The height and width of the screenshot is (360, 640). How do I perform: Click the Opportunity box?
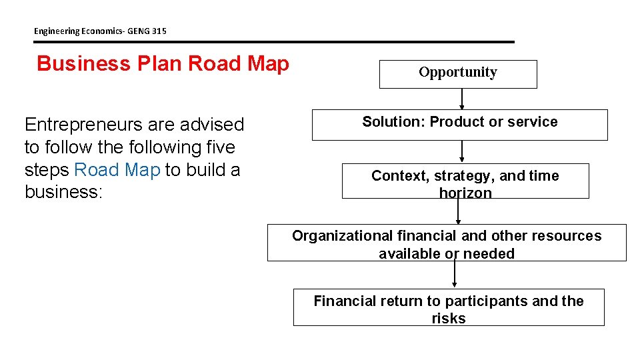pyautogui.click(x=458, y=73)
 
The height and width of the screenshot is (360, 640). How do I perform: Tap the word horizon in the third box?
pyautogui.click(x=465, y=193)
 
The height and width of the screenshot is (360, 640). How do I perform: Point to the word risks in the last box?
pyautogui.click(x=449, y=319)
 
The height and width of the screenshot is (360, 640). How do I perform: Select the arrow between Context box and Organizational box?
pyautogui.click(x=458, y=211)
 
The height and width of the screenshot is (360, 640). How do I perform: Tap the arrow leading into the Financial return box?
pyautogui.click(x=455, y=274)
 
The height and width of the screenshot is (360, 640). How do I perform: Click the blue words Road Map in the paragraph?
pyautogui.click(x=117, y=170)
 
